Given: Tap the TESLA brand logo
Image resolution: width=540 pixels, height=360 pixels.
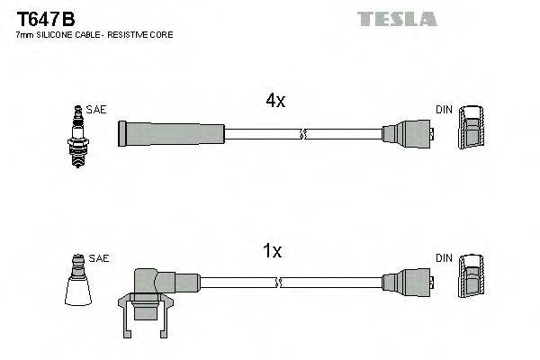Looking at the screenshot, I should [x=397, y=18].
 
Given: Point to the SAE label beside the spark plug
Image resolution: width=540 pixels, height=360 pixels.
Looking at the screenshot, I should [x=97, y=109].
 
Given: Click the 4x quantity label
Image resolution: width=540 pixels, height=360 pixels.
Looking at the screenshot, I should [x=274, y=102].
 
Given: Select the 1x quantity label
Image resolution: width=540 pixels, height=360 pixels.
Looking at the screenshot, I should [x=273, y=252].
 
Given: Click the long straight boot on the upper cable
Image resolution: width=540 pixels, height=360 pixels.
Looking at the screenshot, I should [x=171, y=134].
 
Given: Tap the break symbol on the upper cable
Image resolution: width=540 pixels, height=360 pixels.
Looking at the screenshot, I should [x=303, y=135].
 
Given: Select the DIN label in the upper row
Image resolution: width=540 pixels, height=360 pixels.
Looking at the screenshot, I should [x=444, y=109].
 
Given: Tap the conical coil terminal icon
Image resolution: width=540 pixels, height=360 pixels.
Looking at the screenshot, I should [x=79, y=284].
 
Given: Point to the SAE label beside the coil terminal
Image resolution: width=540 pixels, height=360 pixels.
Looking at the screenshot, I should [x=100, y=258].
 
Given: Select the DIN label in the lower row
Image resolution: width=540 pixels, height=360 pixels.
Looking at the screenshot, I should [x=444, y=258].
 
